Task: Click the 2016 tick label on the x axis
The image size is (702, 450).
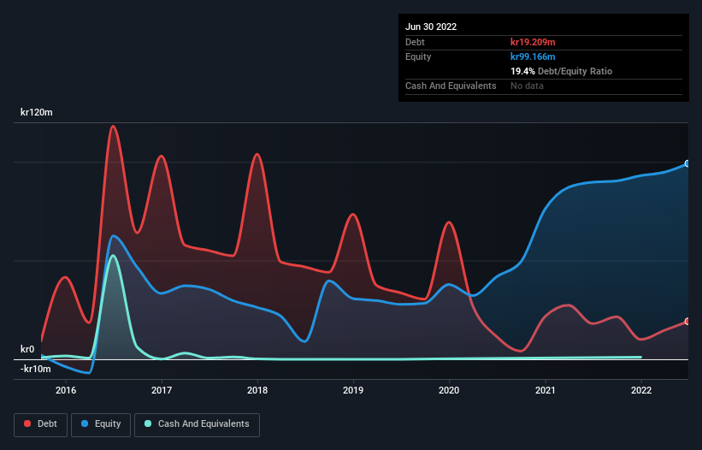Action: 66,391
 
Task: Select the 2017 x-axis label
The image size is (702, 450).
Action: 162,391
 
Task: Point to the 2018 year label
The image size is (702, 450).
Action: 257,391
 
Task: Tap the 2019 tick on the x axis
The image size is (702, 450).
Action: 353,391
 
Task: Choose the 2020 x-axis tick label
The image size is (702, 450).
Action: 449,391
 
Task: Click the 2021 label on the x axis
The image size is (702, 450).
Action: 545,391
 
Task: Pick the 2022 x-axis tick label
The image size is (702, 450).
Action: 640,391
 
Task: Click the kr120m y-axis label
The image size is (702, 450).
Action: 38,113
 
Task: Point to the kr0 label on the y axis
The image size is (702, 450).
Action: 27,350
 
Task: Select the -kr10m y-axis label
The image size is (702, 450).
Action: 35,369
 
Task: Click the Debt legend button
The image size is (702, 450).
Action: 39,424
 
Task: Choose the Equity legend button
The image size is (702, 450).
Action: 101,424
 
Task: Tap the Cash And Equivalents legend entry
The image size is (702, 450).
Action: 197,424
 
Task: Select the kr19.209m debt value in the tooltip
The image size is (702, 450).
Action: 533,42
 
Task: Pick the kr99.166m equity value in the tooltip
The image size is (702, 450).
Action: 533,56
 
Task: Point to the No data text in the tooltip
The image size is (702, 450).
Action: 527,86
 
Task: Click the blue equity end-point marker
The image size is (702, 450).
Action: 687,163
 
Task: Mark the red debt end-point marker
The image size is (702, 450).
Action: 687,322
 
